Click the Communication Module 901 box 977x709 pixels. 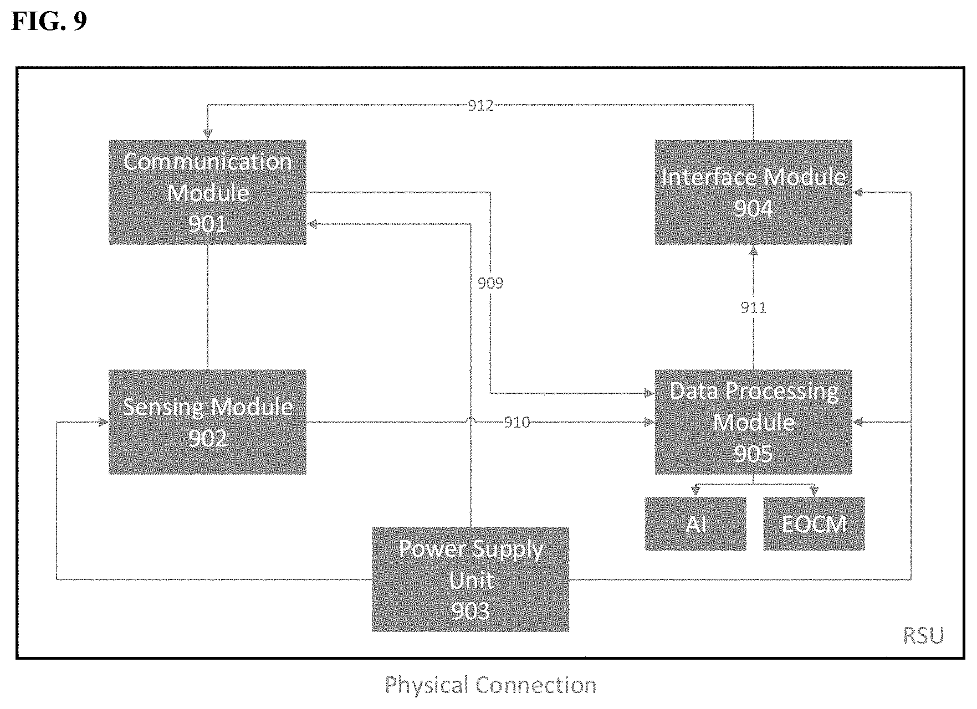click(207, 192)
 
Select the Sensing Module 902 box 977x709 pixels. click(207, 422)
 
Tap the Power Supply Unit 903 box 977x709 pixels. click(470, 579)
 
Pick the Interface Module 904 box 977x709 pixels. click(753, 192)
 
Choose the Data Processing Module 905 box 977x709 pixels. click(753, 422)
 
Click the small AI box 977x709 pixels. click(695, 523)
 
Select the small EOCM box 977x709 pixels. click(814, 523)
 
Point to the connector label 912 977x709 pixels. click(480, 106)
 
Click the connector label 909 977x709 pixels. click(490, 284)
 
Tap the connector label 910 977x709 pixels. click(516, 423)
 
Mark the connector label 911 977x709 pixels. click(753, 308)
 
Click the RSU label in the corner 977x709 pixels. click(923, 636)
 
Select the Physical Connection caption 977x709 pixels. click(490, 685)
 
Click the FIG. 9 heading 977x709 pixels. click(49, 22)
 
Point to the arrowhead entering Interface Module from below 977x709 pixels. click(753, 250)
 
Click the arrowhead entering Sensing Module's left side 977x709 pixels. click(103, 423)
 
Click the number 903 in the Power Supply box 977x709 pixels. click(470, 612)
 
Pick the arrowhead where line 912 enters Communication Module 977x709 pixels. click(207, 135)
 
